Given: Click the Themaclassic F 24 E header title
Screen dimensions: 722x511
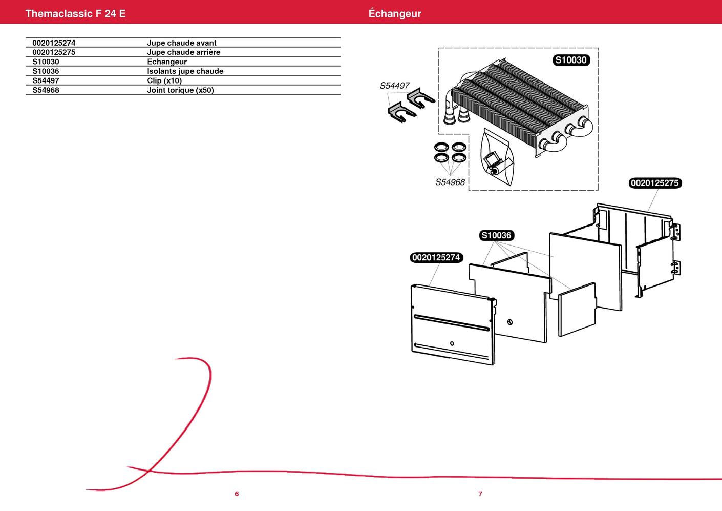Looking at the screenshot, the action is [x=75, y=13].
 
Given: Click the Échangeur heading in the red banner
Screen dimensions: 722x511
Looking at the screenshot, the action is [x=395, y=13].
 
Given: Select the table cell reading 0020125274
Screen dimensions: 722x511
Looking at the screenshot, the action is [x=54, y=43].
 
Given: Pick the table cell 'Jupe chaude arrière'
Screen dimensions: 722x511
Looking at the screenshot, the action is [x=184, y=52].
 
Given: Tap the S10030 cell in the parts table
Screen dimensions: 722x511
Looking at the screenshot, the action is [x=46, y=62].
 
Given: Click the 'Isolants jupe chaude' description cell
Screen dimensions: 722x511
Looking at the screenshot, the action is [x=185, y=71].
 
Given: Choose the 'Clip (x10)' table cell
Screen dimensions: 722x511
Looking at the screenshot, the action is [x=164, y=80].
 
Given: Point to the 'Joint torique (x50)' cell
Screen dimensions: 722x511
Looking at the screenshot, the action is [x=180, y=90].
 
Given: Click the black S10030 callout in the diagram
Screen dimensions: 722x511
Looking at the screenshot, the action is [x=571, y=60].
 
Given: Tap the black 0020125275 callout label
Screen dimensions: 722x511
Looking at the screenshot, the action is [x=655, y=183].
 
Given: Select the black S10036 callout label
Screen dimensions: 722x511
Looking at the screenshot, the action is [x=496, y=235].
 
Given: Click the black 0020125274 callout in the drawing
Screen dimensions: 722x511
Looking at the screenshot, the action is [x=436, y=257].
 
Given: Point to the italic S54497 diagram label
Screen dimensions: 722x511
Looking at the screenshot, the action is [x=394, y=86].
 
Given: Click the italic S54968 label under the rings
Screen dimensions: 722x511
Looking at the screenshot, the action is [x=450, y=182].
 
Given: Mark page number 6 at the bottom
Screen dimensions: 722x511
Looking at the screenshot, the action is [x=237, y=494].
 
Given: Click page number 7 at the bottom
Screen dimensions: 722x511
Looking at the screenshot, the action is [x=480, y=494].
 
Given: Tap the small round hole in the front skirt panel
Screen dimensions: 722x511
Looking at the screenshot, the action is [x=452, y=343].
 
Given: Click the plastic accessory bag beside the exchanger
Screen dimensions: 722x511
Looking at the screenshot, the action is [x=497, y=157].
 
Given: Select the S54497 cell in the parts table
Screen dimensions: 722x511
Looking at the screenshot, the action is [x=46, y=80].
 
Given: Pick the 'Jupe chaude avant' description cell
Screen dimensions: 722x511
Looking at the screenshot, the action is [x=182, y=43].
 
